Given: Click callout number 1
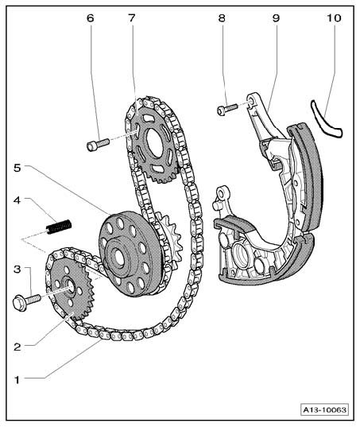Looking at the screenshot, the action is point(17,379).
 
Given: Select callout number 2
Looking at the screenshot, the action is point(17,347).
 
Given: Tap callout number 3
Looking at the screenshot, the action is point(17,270).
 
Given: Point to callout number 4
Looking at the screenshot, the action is point(17,200).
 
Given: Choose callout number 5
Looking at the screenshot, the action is point(17,168).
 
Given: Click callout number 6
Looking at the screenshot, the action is point(91,18).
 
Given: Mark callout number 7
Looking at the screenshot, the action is point(132,18).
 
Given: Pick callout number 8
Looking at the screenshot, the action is point(222,18).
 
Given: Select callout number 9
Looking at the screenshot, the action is point(276,18).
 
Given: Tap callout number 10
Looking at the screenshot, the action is point(334,18).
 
